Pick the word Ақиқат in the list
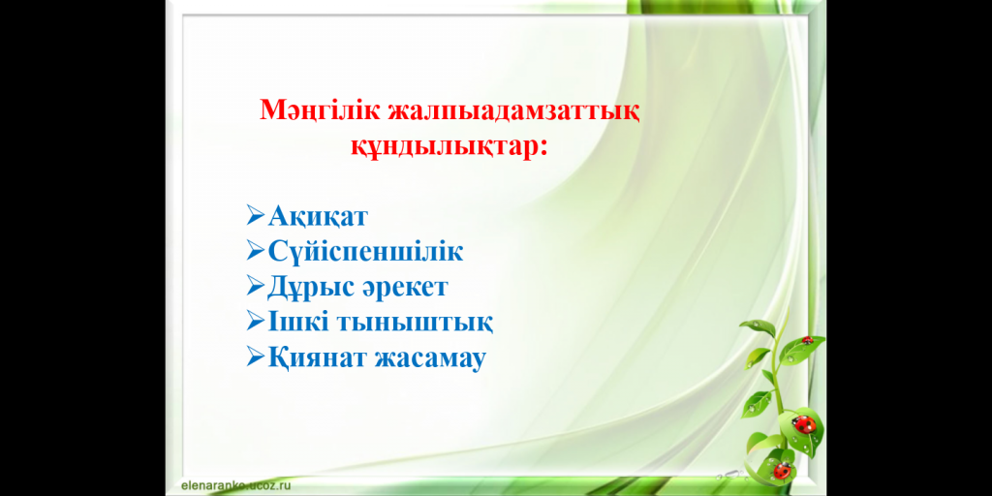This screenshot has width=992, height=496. click(318, 217)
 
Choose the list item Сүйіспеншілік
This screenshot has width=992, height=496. click(365, 252)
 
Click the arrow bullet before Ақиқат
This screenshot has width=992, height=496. click(256, 216)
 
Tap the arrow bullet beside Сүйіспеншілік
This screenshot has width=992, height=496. click(256, 251)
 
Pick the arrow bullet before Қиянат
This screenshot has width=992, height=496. click(256, 358)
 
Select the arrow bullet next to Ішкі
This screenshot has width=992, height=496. click(256, 322)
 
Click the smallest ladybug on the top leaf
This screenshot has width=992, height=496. click(807, 340)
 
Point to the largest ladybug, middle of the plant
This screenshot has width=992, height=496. click(803, 424)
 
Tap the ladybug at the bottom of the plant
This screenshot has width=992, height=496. click(782, 471)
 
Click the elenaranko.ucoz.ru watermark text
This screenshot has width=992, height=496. click(231, 486)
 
